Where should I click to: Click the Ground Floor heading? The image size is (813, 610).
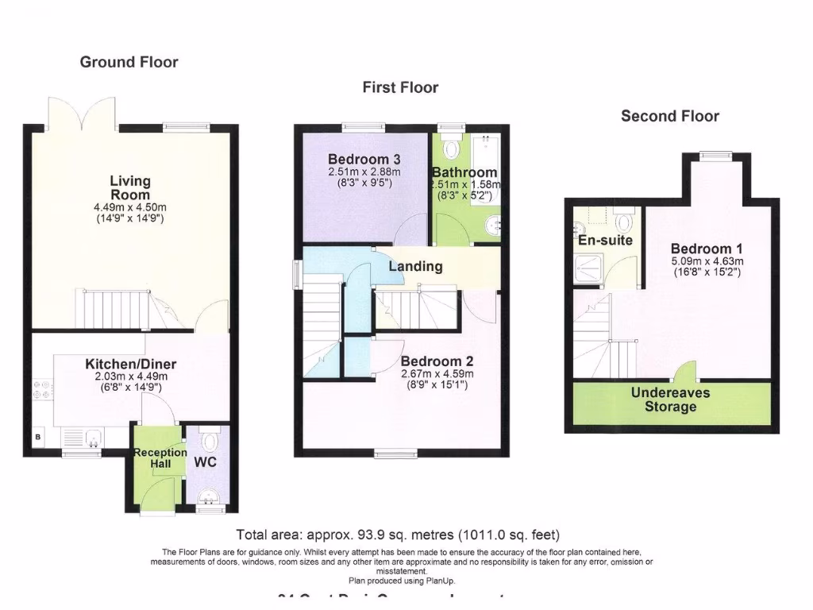point(129,62)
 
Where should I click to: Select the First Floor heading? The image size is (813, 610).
point(400,87)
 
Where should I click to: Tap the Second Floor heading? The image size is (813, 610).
point(669,116)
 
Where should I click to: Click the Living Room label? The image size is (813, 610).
point(130,188)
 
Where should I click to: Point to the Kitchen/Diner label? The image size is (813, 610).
point(131,365)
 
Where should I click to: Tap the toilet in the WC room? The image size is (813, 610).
point(210,441)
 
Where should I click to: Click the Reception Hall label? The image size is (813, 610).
point(160,458)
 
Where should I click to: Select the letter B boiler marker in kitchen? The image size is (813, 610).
point(37,437)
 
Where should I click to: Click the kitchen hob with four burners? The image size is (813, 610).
point(42,389)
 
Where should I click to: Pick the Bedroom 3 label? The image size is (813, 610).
point(364,160)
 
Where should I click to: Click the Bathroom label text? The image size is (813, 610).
point(464,172)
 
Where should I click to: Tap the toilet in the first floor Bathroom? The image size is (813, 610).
point(452,148)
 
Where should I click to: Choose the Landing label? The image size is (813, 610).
point(415,266)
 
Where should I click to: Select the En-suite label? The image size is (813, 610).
point(605,239)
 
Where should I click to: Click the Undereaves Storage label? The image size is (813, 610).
point(670,400)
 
